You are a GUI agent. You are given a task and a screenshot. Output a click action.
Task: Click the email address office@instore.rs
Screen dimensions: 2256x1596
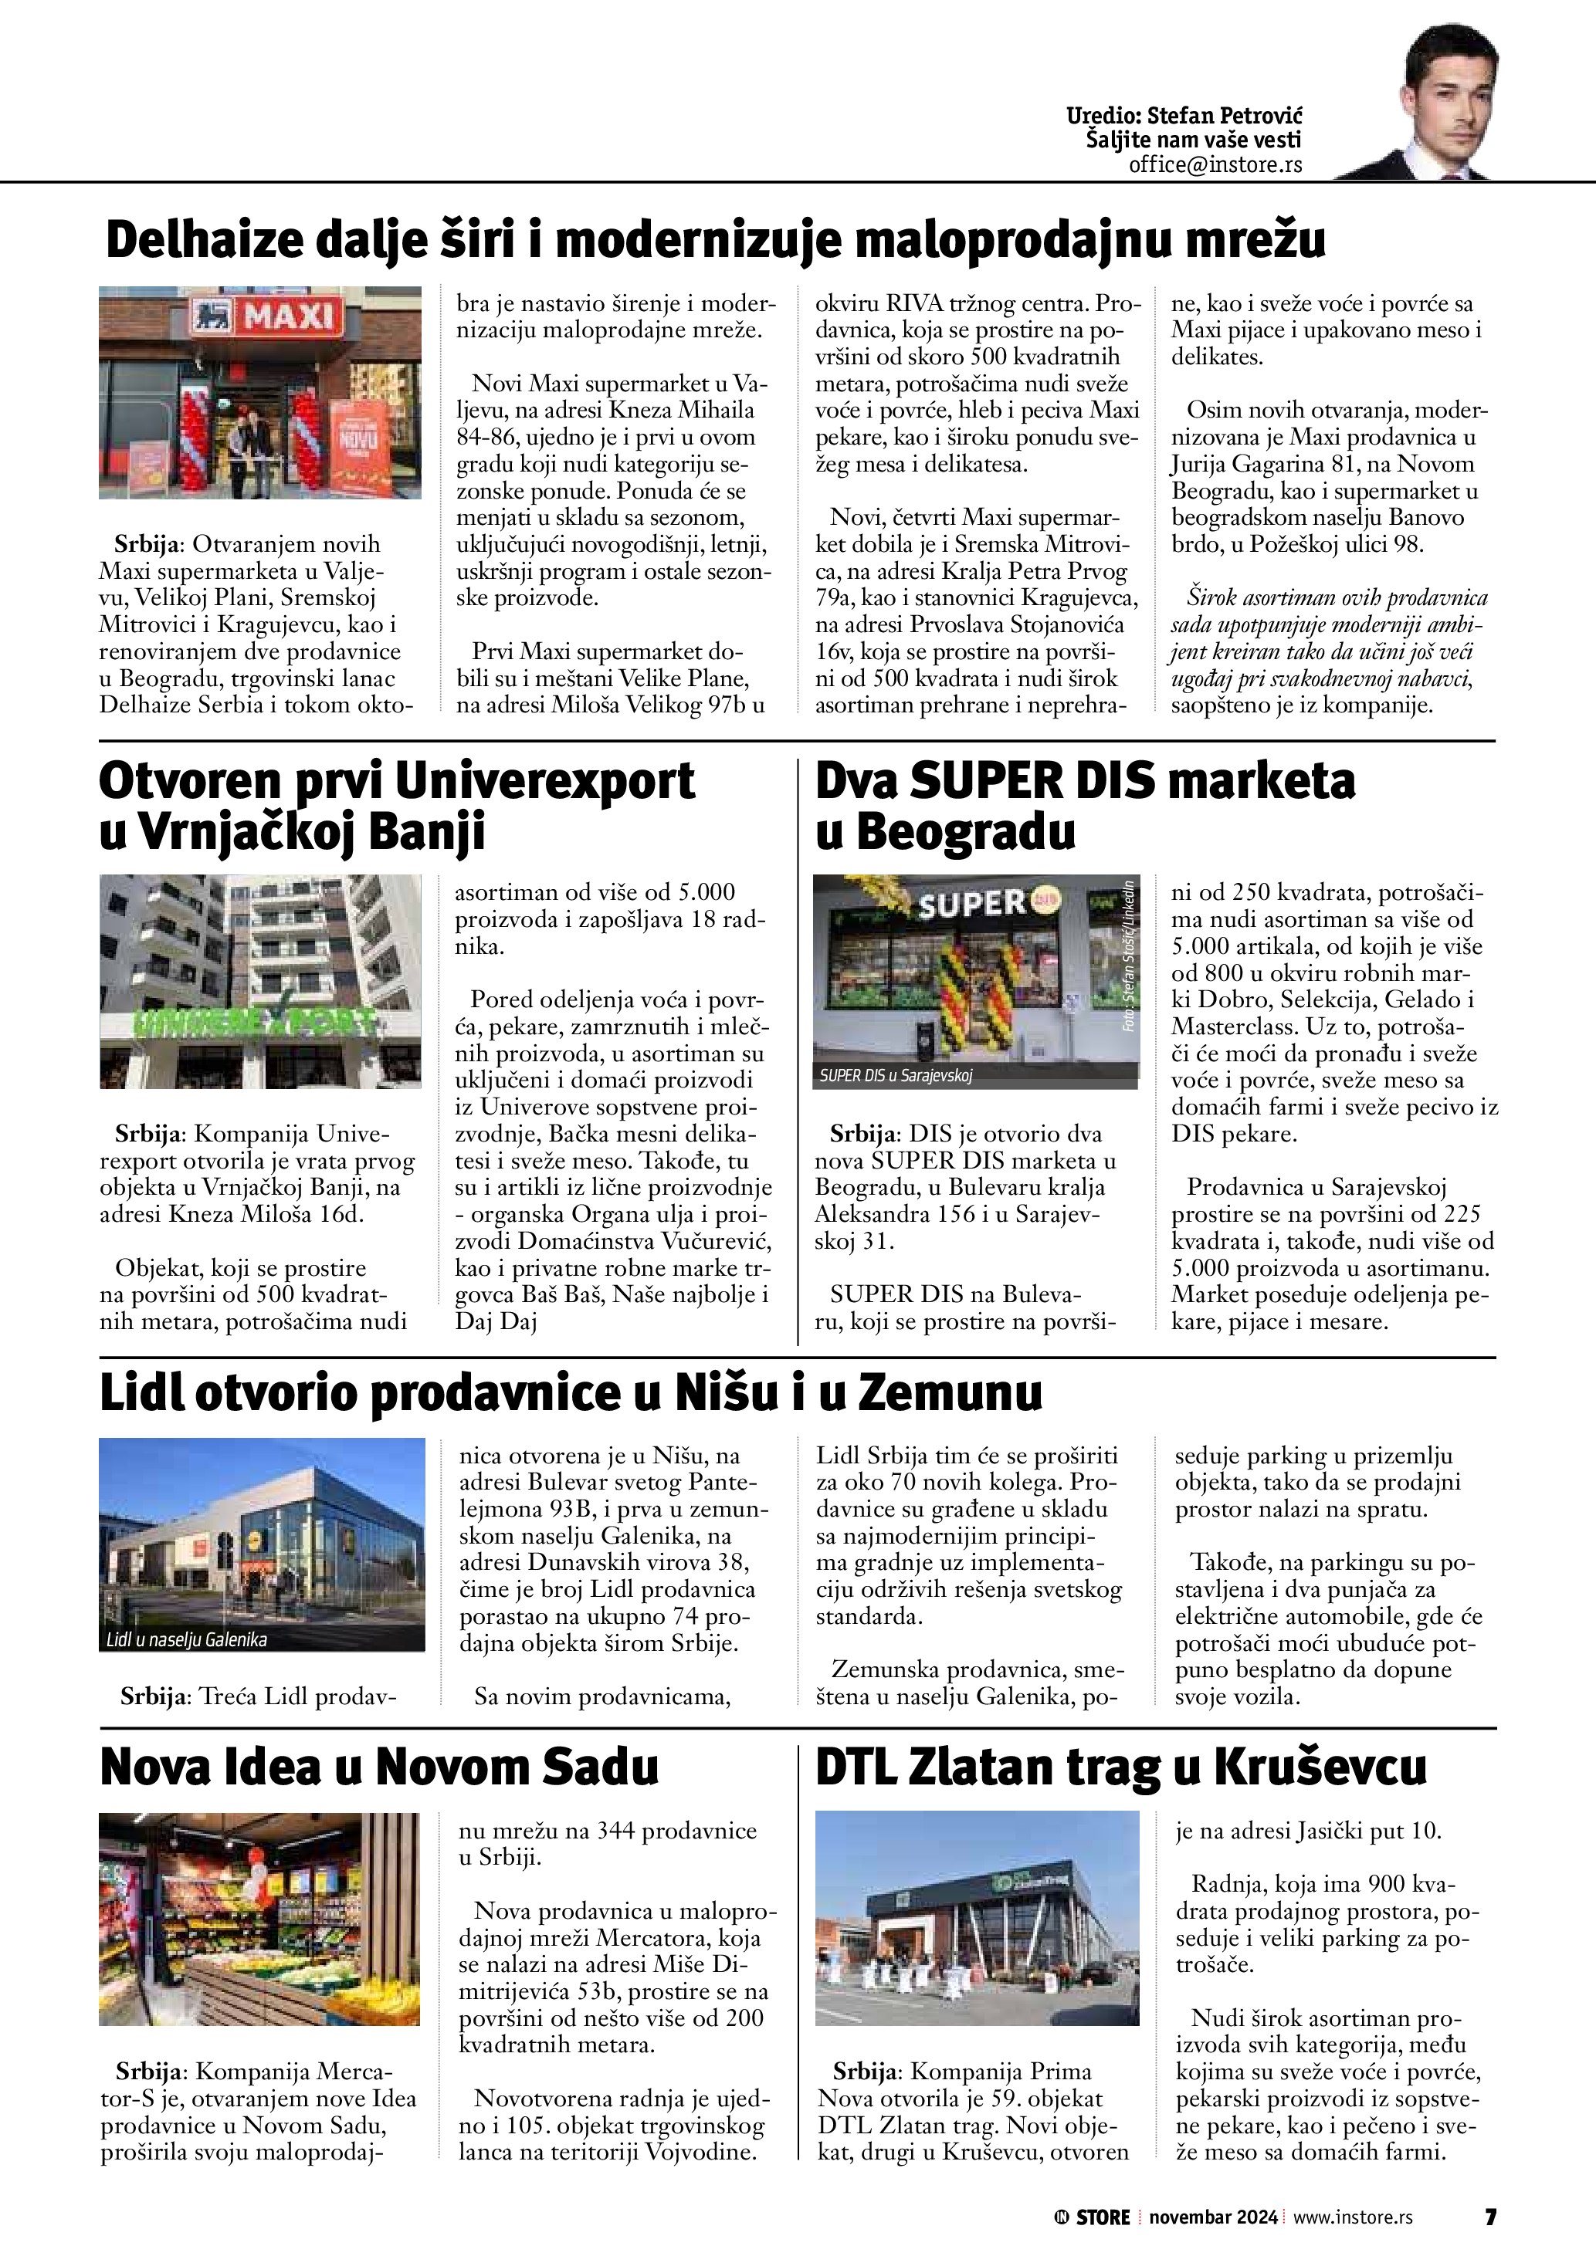tap(1215, 165)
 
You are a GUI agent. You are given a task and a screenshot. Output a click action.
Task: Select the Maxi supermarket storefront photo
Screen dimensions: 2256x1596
tap(259, 393)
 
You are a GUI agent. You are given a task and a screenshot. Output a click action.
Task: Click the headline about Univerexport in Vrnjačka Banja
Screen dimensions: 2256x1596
tap(396, 806)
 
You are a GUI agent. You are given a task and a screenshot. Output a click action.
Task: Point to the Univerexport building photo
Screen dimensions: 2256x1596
tap(259, 981)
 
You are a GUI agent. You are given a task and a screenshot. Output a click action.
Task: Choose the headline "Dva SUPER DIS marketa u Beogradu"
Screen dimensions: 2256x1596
tap(1084, 806)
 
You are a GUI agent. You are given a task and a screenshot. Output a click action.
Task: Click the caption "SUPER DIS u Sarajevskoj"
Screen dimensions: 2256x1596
tap(896, 1076)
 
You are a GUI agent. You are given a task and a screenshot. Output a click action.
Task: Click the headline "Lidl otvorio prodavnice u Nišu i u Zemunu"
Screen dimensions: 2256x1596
tap(570, 1393)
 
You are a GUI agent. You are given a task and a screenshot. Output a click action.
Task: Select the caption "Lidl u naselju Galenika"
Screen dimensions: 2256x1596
tap(187, 1639)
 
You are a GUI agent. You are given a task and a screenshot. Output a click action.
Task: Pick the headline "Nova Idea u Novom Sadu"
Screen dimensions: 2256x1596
tap(379, 1767)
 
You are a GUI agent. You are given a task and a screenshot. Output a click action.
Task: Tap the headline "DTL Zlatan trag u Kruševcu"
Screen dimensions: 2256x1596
tap(1120, 1767)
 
